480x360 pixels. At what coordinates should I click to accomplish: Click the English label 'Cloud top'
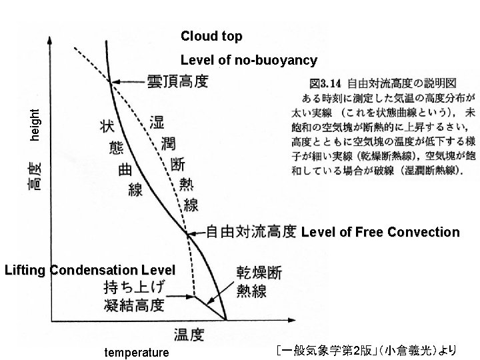click(211, 36)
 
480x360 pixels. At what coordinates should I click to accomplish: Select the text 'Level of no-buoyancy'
click(249, 61)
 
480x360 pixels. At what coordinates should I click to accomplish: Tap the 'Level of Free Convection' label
click(380, 232)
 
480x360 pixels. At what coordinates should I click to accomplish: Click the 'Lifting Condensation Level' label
click(89, 271)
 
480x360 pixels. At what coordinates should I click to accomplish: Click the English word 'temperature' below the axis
click(137, 352)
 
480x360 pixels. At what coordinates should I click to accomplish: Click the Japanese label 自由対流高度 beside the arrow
click(251, 232)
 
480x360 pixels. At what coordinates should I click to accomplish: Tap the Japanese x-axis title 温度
click(190, 333)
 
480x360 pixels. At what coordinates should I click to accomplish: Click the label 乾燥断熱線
click(259, 282)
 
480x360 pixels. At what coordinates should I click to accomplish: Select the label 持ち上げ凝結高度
click(134, 297)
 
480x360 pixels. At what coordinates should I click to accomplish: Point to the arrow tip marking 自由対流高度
click(189, 233)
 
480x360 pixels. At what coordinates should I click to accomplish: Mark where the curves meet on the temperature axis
click(226, 320)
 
